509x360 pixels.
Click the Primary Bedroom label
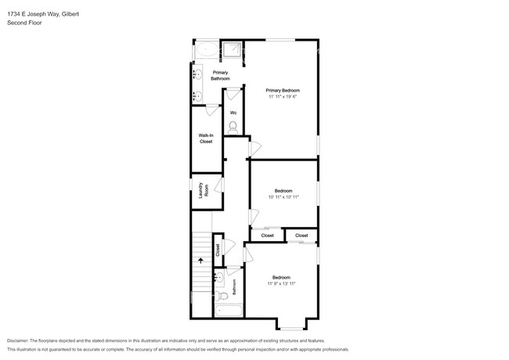click(282, 90)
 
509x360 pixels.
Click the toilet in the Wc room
click(233, 125)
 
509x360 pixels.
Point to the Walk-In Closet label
click(206, 139)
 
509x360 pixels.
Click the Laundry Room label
click(203, 190)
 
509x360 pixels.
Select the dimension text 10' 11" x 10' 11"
click(283, 197)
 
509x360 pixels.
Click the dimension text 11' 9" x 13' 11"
click(281, 283)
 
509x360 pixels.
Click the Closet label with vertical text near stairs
click(218, 250)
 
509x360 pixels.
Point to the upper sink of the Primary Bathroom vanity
click(197, 75)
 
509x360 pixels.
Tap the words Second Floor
click(24, 23)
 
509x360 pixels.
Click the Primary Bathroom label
click(220, 75)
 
